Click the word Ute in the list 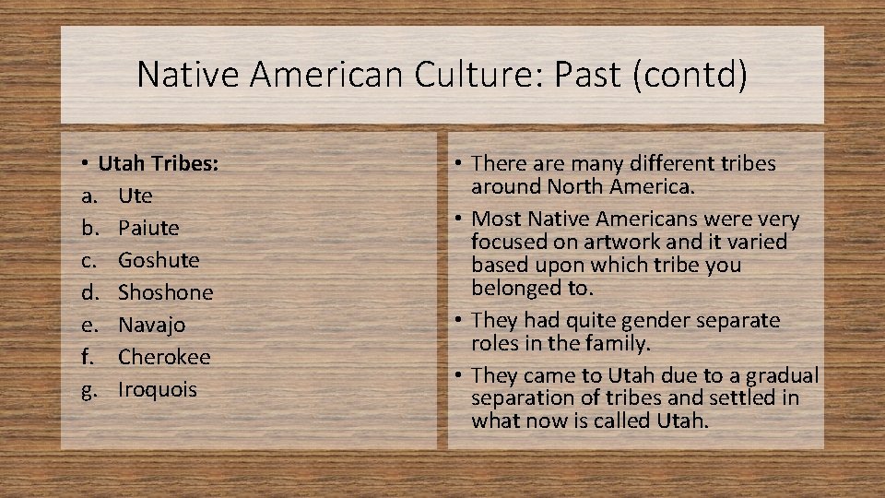135,196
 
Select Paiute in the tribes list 148,228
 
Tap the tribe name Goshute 158,260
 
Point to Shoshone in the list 165,292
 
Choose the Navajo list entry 151,325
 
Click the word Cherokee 164,357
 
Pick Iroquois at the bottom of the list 157,389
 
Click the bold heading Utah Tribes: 158,163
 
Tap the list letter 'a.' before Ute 88,196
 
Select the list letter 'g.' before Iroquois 88,389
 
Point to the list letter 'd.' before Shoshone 88,292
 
